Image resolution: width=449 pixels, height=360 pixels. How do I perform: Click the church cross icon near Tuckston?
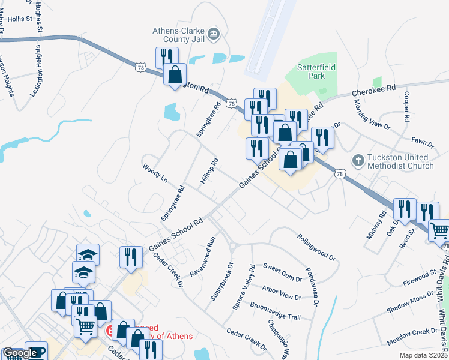click(358, 160)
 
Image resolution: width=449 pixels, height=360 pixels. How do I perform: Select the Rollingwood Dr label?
click(316, 246)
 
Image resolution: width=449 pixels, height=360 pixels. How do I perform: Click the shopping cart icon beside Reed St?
click(439, 230)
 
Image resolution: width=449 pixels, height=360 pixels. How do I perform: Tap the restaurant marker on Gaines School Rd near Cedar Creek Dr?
click(130, 257)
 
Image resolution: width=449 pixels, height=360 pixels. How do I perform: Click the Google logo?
click(20, 353)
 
